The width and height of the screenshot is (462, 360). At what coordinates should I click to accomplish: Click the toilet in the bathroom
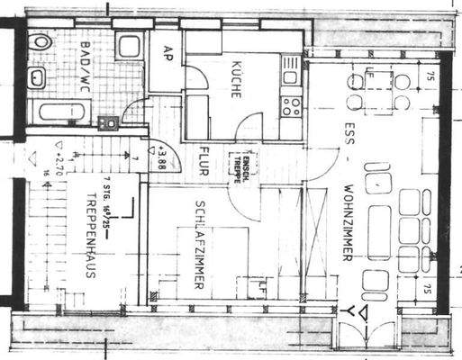pyautogui.click(x=41, y=42)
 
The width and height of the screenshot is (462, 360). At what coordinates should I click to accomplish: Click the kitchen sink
pyautogui.click(x=291, y=69)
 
